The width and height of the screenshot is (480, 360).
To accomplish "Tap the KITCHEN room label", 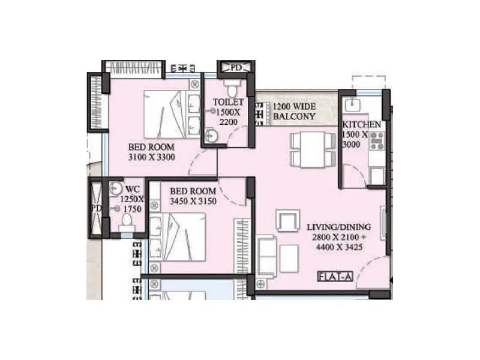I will pyautogui.click(x=361, y=125).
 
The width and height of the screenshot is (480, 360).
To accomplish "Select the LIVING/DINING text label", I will pyautogui.click(x=338, y=227).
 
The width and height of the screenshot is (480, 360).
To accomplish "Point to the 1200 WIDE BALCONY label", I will pyautogui.click(x=294, y=112).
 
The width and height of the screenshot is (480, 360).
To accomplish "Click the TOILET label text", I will pyautogui.click(x=228, y=103).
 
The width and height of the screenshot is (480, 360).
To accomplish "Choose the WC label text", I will pyautogui.click(x=133, y=189).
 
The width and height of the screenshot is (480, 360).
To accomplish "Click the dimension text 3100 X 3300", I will pyautogui.click(x=151, y=157).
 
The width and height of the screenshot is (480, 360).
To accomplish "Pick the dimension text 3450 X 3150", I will pyautogui.click(x=193, y=201).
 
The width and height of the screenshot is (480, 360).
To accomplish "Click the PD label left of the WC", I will pyautogui.click(x=96, y=208).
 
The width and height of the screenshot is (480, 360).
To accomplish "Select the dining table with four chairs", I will pyautogui.click(x=311, y=149).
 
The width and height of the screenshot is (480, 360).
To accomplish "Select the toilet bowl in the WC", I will pyautogui.click(x=126, y=223).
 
